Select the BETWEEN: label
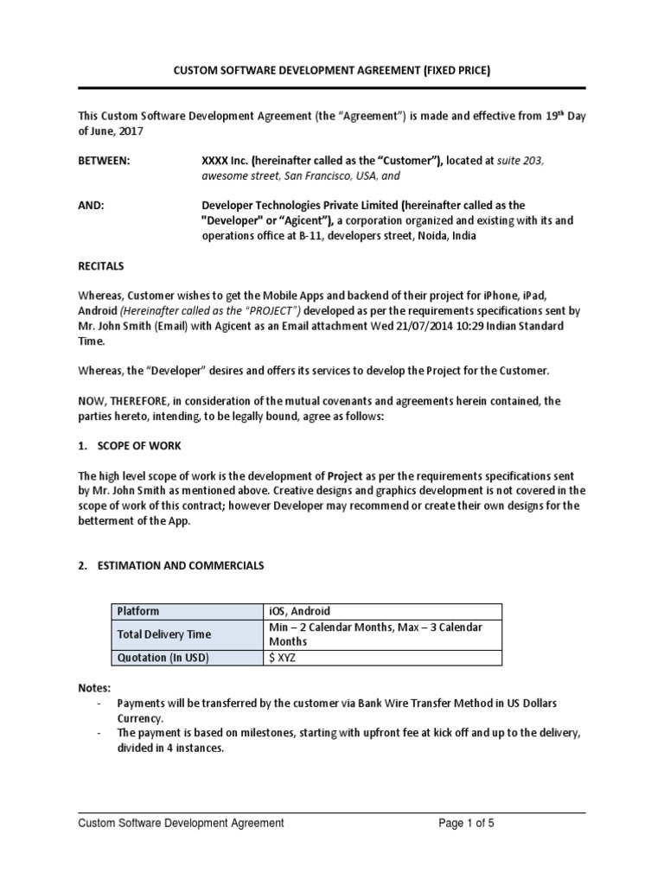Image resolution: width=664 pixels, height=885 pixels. coord(105,161)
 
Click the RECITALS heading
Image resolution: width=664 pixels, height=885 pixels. coord(101,265)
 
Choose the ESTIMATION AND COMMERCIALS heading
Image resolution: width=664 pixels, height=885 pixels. coord(179,565)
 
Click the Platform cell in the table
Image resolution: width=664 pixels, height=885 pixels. coord(138,611)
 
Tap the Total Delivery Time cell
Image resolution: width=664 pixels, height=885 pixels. coord(164,634)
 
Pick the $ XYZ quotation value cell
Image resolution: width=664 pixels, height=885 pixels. coord(285,658)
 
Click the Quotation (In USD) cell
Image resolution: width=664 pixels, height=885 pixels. coord(163,658)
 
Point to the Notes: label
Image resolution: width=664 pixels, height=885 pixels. coord(94,688)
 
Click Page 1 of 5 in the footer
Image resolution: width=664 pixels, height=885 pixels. coord(466,824)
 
